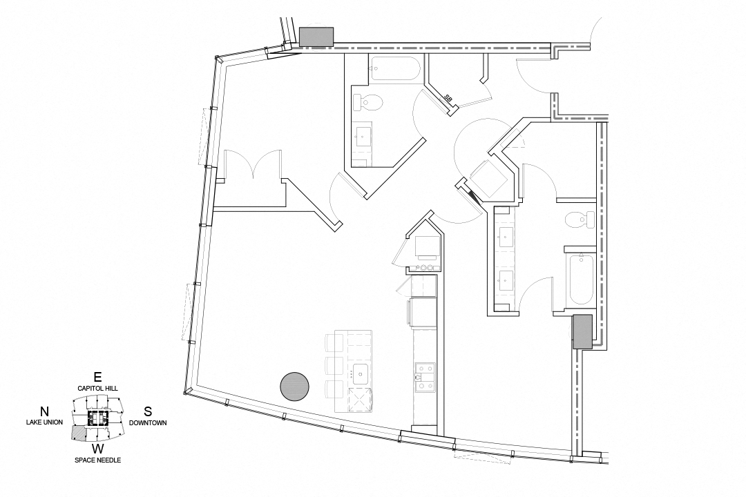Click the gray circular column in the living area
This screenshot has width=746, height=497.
point(294,386)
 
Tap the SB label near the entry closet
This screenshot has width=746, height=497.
point(448,99)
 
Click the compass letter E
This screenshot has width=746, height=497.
point(97,377)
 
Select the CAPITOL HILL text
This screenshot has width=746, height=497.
point(97,389)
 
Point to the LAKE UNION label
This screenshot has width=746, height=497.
point(44,422)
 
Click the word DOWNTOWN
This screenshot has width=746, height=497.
point(148,422)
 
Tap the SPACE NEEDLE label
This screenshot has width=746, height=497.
point(97,460)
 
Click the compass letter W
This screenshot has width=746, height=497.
point(97,449)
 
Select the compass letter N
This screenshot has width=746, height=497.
point(44,411)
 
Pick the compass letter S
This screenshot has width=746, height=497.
point(148,411)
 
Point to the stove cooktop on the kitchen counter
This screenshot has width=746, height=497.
point(424,377)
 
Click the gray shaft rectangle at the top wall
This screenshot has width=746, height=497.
point(316,37)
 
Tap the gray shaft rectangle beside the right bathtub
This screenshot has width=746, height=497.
point(582,331)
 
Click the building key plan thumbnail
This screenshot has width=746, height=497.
point(97,418)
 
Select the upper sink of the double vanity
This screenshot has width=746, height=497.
point(504,235)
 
